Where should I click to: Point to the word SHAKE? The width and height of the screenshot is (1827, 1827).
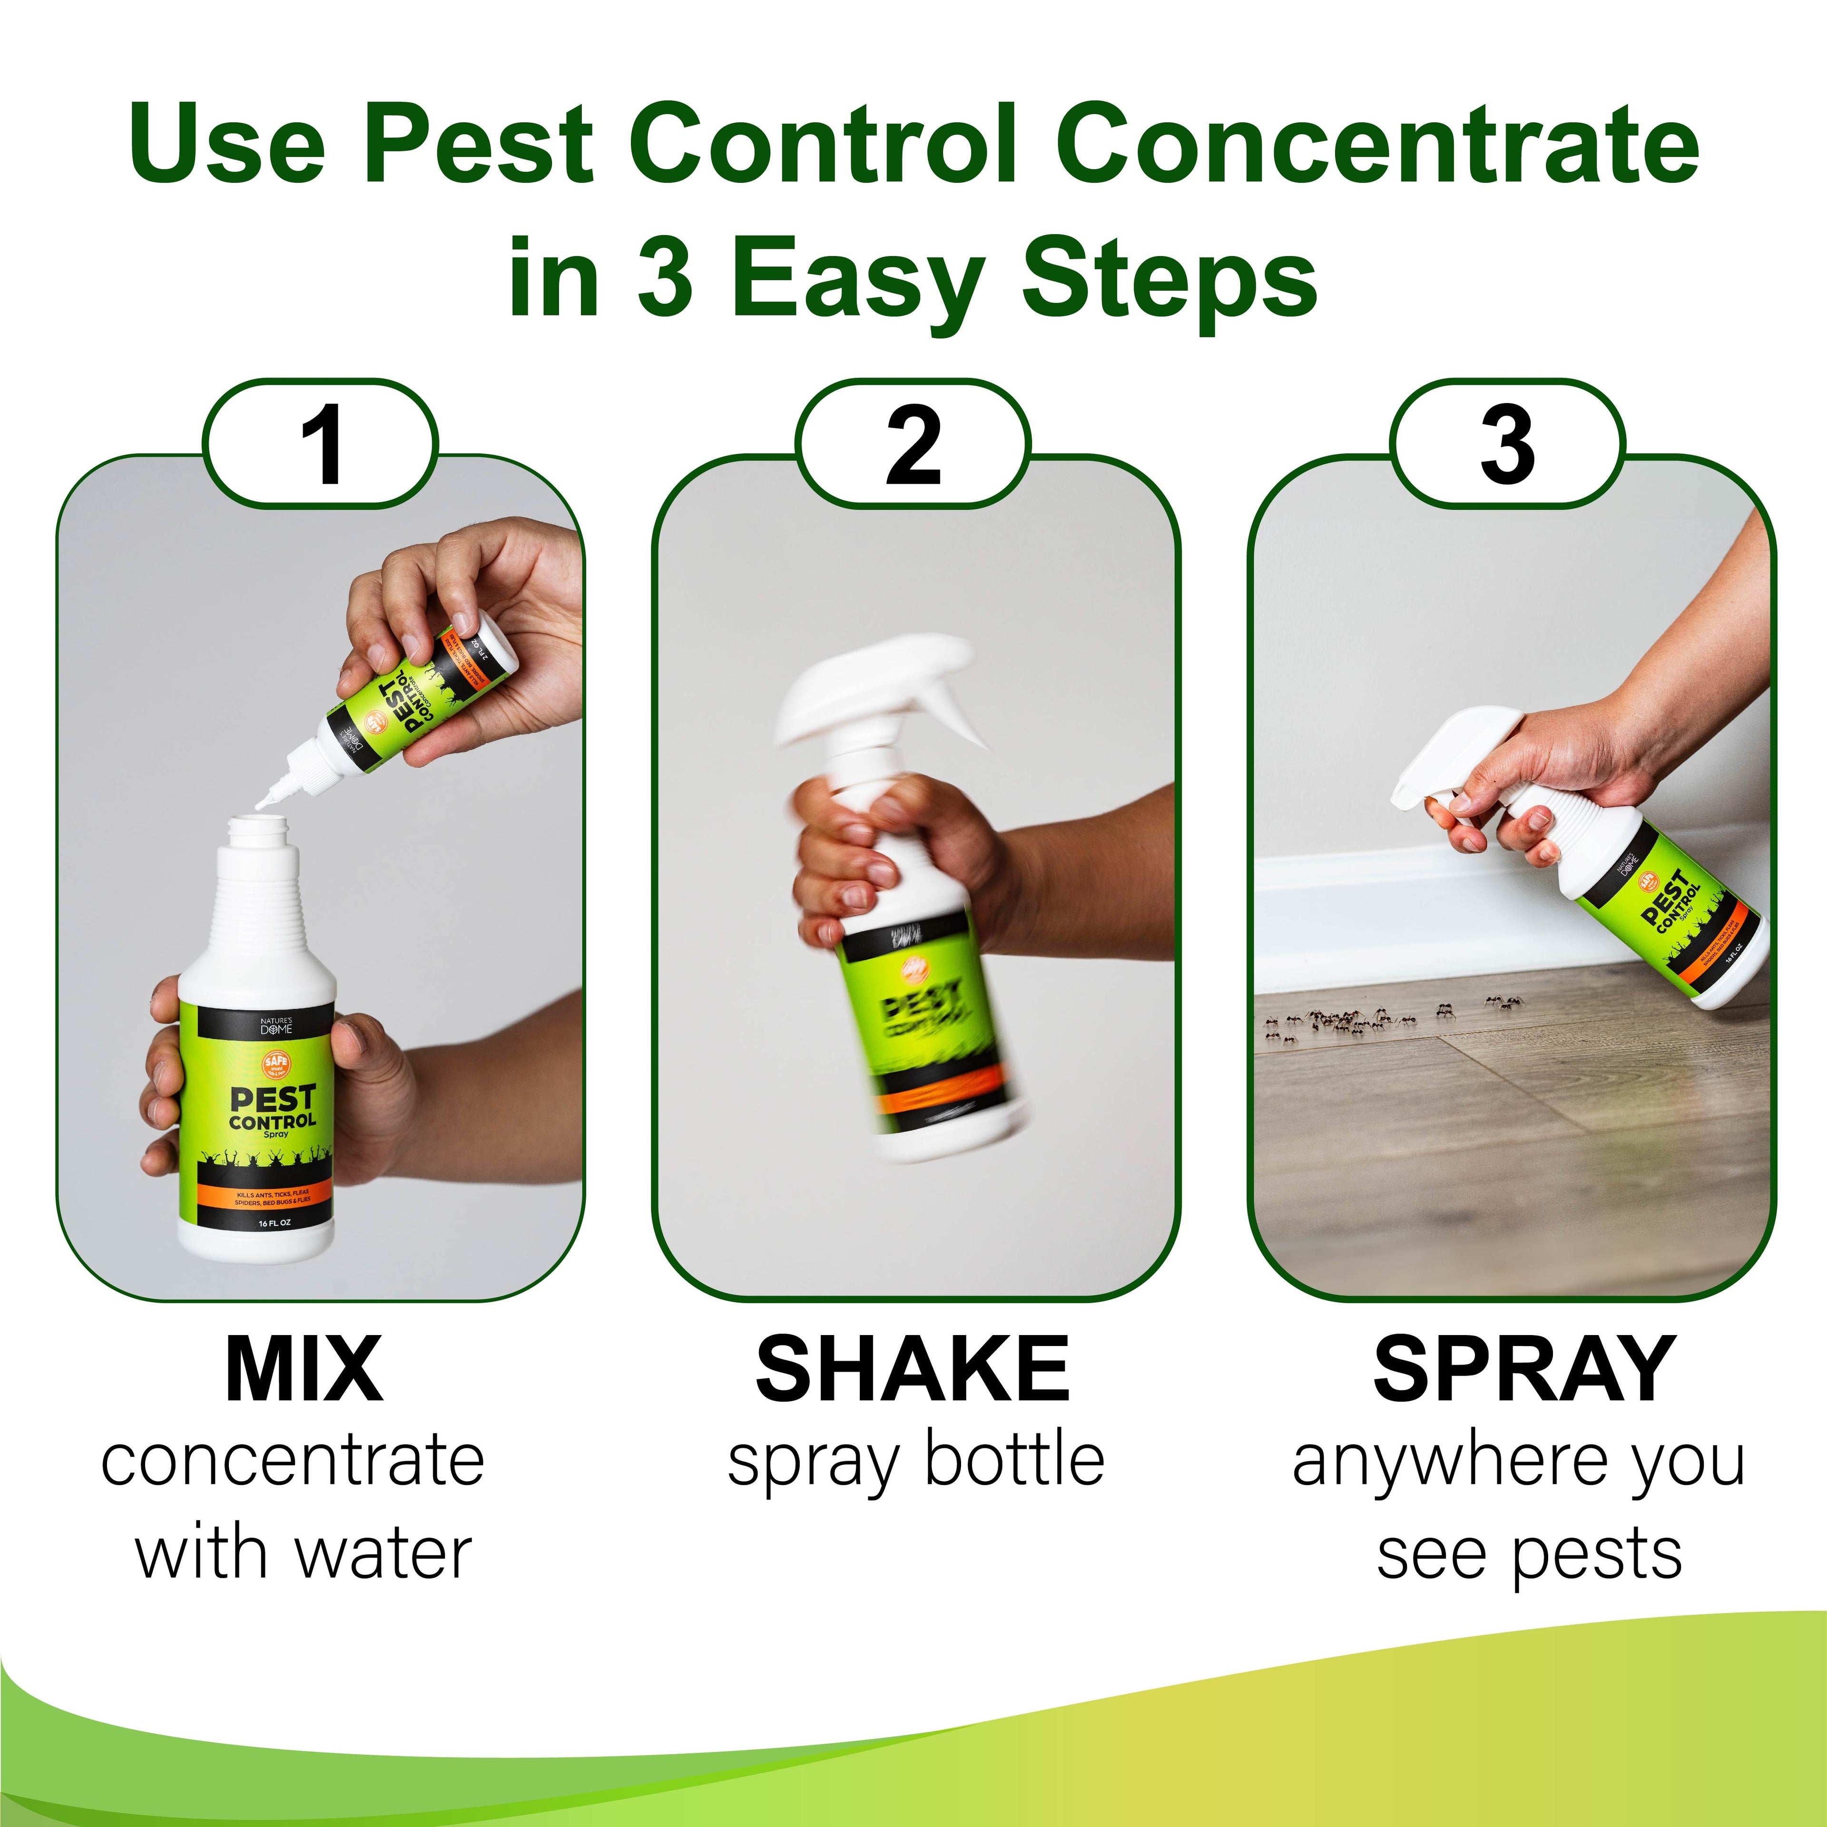(x=913, y=1369)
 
